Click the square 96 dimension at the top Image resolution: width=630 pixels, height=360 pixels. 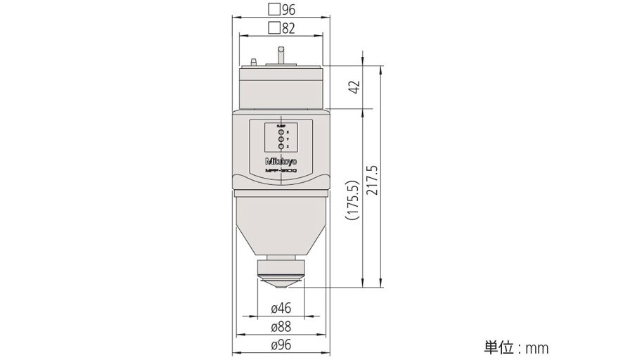(x=281, y=10)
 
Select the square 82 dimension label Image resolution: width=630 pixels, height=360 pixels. (x=281, y=28)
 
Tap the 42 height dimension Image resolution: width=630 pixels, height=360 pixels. (x=355, y=86)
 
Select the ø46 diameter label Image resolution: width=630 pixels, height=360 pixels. (x=281, y=308)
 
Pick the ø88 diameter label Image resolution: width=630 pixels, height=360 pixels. (x=281, y=326)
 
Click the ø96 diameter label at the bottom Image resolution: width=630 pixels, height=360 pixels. (x=281, y=345)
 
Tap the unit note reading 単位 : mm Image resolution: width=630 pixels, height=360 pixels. (x=515, y=347)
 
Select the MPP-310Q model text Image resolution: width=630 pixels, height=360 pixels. (x=281, y=171)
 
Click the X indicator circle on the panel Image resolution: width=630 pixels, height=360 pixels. (x=281, y=131)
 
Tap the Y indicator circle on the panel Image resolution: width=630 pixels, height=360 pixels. (x=281, y=139)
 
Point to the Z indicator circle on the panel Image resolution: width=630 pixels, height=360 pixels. (x=281, y=146)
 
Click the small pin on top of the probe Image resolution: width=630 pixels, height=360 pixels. (x=281, y=54)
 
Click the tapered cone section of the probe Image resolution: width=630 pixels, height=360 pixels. (x=281, y=225)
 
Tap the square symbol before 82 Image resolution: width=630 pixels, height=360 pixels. (x=274, y=28)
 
